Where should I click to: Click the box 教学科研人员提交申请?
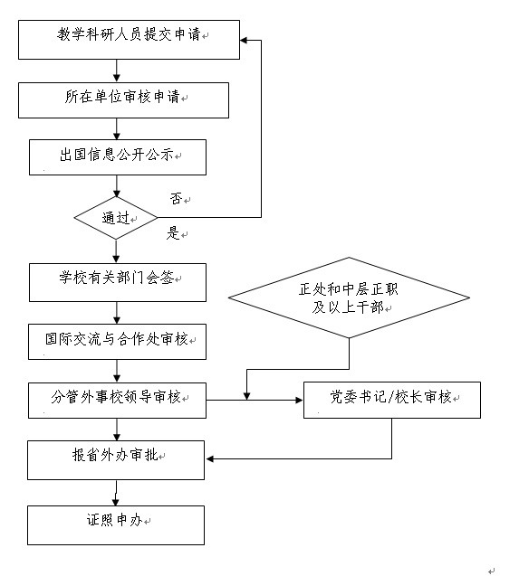tap(129, 40)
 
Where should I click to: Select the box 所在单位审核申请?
tap(123, 100)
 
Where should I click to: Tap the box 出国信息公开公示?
tap(118, 157)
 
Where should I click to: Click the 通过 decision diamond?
tap(116, 218)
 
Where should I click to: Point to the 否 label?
tap(176, 199)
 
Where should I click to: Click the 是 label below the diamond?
tap(173, 233)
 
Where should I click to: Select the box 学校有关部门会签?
tap(118, 282)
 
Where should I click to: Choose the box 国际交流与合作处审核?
tap(117, 342)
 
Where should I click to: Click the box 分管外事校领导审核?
tap(117, 401)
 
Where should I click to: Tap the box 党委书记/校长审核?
tap(392, 400)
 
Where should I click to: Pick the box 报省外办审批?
tap(116, 460)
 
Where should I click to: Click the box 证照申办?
tap(116, 525)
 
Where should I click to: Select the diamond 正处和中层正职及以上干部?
tap(349, 297)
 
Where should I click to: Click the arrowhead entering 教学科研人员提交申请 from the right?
tap(244, 40)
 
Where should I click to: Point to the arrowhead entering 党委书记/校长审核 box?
tap(299, 400)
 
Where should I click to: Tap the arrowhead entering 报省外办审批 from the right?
tap(209, 458)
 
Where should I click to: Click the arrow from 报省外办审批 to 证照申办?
tap(116, 493)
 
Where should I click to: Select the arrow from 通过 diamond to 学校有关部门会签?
tap(116, 251)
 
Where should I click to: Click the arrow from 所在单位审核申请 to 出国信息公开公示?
tap(117, 129)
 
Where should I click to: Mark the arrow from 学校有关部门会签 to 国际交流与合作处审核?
tap(117, 313)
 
